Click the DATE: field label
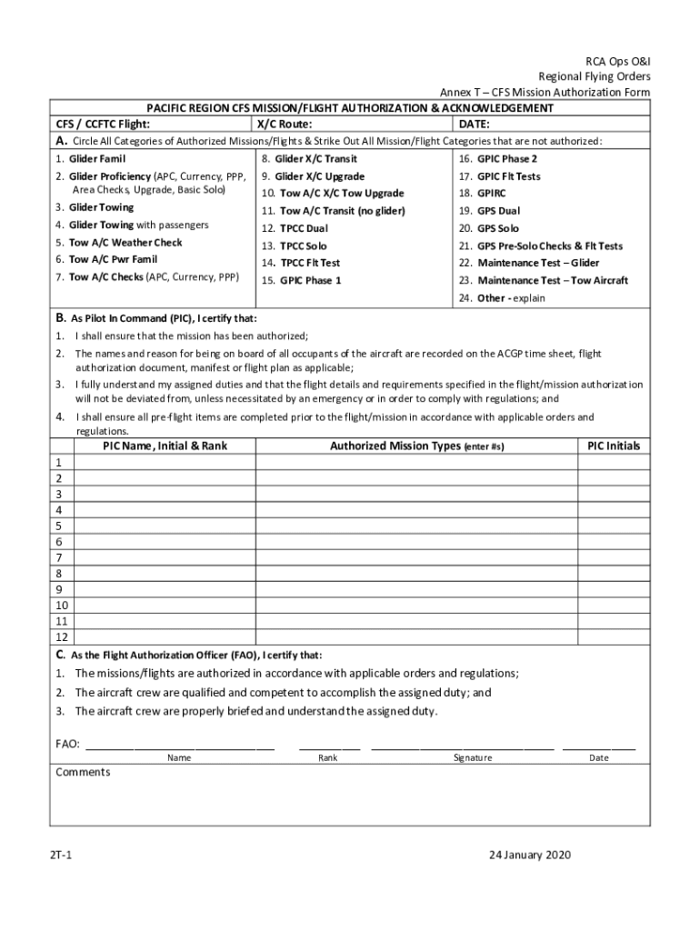tap(475, 125)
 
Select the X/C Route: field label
tap(285, 125)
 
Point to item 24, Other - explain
tap(502, 298)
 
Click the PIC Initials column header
tap(614, 446)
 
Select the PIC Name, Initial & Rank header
tap(165, 446)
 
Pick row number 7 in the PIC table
tap(59, 557)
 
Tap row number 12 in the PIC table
tap(62, 637)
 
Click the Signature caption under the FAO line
tap(474, 758)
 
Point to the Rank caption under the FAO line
tap(328, 758)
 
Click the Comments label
tap(83, 773)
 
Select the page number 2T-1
tap(63, 855)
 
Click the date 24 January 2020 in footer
tap(530, 855)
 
